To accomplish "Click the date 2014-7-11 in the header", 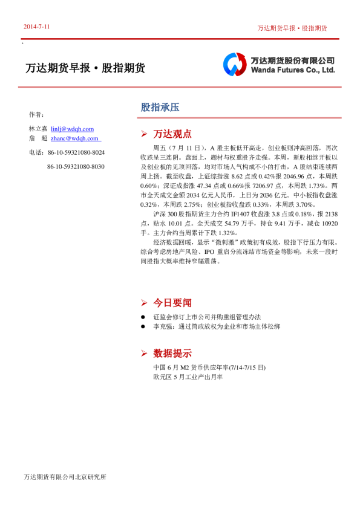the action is (x=37, y=27).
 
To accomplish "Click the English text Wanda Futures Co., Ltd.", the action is (x=293, y=70).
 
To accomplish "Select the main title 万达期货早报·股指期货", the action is (x=85, y=68).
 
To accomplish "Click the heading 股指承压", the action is (x=160, y=108).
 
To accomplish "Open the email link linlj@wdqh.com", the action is (x=72, y=129).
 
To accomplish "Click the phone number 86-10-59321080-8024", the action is (x=75, y=152).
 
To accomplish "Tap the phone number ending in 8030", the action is (x=75, y=166).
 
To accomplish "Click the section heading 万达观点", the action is (x=172, y=134).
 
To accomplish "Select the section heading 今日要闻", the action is (x=172, y=302).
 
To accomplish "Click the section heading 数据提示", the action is (x=172, y=353).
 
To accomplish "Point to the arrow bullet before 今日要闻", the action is (x=144, y=302).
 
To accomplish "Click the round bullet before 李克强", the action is (x=143, y=326).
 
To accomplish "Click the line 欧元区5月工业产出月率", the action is (x=188, y=377).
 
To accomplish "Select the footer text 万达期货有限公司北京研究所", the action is (x=65, y=477).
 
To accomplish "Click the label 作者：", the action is (x=36, y=114).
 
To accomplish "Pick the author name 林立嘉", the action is (x=38, y=129).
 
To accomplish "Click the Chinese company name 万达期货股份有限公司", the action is (x=293, y=60).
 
